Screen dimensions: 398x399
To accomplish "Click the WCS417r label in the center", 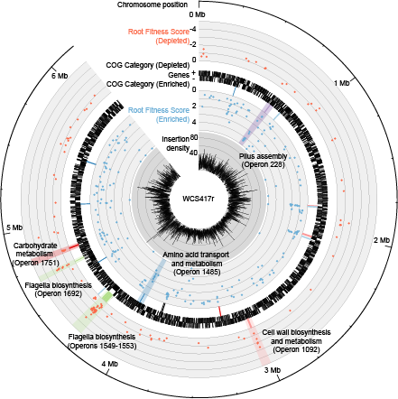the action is coord(199,199).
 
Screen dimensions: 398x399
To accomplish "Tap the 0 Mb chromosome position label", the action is coord(198,14).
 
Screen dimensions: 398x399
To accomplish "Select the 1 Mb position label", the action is coord(342,83).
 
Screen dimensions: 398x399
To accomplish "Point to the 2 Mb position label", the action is coord(382,240).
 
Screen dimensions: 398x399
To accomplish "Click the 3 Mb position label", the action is coord(273,370).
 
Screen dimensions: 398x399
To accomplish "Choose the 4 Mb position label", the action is coord(110,364).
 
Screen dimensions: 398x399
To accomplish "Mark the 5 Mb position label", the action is coord(14,227).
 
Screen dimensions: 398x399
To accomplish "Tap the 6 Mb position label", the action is coord(60,76).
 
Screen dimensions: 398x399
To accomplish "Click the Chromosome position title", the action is coord(153,5).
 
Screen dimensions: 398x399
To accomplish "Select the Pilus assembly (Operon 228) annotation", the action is coord(264,161).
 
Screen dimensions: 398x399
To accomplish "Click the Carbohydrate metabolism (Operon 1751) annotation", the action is coord(35,255).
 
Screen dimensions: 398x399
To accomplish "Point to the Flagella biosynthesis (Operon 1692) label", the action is coord(59,289).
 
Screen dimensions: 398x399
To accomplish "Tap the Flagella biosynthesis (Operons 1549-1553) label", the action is coord(102,341).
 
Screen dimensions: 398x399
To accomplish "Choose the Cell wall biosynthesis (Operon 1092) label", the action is coord(296,341).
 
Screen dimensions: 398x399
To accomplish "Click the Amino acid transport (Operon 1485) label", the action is coord(196,264).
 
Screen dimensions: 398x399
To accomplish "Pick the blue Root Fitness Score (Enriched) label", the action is coord(159,115).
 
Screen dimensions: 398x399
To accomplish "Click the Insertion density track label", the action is coord(176,144).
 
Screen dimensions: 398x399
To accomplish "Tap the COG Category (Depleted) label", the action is coord(148,65).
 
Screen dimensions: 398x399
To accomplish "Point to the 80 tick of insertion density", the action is coord(194,137).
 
